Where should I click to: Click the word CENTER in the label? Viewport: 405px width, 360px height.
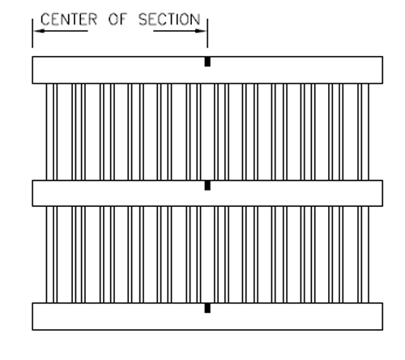69,19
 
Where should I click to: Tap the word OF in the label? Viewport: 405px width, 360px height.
117,19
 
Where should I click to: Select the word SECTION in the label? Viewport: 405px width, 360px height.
169,19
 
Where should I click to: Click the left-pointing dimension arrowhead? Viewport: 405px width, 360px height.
39,31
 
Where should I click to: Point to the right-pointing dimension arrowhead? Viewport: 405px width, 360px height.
201,31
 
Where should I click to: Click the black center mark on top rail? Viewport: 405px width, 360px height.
207,62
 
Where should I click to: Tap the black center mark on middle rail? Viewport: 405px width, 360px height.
207,186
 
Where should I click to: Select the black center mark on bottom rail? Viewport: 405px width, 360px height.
207,308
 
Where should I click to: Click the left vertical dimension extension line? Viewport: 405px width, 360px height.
32,33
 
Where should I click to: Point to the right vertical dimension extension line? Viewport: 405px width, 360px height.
207,33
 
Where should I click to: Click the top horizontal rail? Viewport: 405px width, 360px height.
207,70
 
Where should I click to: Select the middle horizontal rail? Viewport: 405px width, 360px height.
207,193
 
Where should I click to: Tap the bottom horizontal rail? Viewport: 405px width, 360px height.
207,316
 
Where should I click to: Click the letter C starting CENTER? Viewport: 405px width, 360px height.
45,19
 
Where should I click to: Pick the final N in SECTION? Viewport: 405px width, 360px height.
196,19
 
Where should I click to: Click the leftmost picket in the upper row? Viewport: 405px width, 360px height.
49,132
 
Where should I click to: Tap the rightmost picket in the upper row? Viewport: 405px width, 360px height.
365,132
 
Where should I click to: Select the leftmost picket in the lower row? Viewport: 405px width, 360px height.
49,255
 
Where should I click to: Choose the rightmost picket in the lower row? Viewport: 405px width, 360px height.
365,255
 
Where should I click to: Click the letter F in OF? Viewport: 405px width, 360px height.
123,19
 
